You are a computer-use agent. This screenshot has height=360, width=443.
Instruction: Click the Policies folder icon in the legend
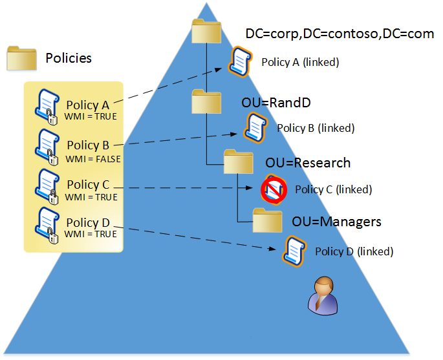21,58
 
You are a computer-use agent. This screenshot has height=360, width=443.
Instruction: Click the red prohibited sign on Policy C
274,189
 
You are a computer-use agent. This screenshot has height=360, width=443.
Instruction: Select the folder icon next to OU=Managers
268,221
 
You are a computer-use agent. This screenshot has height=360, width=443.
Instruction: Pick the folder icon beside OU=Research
238,162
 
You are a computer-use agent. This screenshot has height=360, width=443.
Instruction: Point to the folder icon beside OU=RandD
206,101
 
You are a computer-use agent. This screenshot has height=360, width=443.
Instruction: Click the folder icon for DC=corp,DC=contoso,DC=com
207,32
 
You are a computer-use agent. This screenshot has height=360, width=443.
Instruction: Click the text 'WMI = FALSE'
93,158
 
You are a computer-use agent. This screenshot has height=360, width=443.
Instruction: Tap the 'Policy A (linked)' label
300,63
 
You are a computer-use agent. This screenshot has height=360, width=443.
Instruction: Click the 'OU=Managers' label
336,222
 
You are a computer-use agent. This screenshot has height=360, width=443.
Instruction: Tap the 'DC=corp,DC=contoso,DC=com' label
340,34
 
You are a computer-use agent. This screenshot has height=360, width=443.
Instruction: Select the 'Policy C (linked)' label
333,190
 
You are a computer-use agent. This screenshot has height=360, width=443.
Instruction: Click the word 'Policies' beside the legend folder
69,58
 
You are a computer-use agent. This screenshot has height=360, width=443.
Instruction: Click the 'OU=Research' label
308,163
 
